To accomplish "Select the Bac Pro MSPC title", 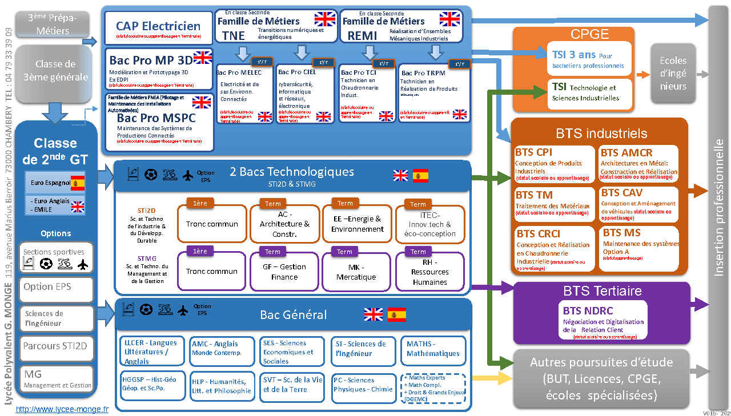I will (x=156, y=118).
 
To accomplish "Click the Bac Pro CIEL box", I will (x=303, y=94).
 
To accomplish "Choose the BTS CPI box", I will (x=554, y=164).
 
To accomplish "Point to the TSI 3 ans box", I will (x=589, y=59).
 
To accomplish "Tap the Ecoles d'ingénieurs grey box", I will (x=673, y=73).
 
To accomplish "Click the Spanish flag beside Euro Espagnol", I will (x=77, y=183).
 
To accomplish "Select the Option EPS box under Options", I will (x=56, y=288).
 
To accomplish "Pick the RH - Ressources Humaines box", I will (x=429, y=272).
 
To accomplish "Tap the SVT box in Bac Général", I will (x=292, y=385).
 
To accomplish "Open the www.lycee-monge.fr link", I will (x=62, y=409).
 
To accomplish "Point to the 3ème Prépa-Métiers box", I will (x=53, y=24).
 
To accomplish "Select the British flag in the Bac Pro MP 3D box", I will (x=202, y=57).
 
